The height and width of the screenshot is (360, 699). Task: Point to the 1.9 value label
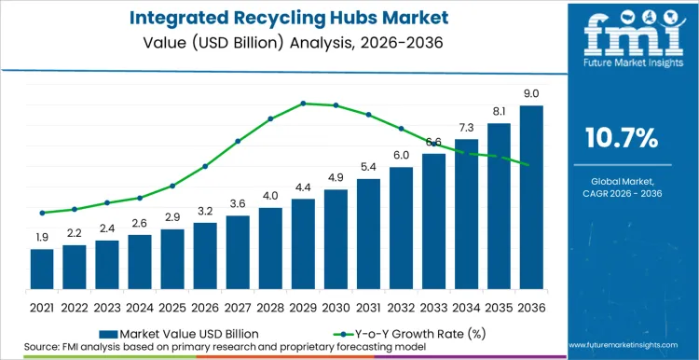(42, 238)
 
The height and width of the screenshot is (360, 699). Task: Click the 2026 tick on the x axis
(205, 306)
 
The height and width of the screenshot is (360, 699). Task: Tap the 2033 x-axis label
(433, 306)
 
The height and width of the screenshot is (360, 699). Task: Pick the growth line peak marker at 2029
(303, 104)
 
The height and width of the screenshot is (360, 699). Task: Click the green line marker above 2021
(42, 213)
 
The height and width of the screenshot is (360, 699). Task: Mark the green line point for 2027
(238, 141)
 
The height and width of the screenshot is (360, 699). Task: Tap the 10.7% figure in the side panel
(621, 139)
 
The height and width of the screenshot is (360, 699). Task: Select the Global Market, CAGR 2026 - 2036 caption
(621, 187)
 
